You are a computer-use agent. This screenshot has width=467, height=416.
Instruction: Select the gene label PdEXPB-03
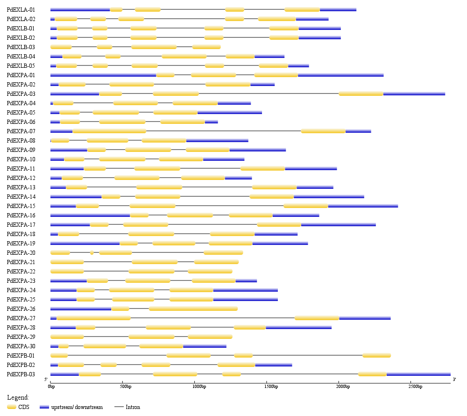tap(21, 374)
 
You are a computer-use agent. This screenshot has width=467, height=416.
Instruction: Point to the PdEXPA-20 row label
tap(21, 252)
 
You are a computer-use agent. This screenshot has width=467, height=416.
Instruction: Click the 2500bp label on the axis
tap(415, 387)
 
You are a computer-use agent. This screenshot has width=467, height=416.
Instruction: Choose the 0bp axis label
tap(51, 387)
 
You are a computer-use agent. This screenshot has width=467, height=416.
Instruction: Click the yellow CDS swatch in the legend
tap(12, 407)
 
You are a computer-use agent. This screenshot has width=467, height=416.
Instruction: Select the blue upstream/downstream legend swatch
tap(44, 407)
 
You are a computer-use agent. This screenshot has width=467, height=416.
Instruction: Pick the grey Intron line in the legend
tap(119, 407)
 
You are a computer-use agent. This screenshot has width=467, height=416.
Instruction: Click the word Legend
tap(18, 397)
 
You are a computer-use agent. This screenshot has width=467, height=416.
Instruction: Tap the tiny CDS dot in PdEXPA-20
tap(92, 252)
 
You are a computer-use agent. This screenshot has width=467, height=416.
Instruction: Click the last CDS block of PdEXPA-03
tap(361, 93)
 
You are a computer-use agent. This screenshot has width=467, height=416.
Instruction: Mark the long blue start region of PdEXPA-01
tap(103, 75)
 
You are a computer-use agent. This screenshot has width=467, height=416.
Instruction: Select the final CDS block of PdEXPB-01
tap(376, 355)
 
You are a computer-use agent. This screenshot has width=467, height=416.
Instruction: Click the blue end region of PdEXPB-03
tap(418, 374)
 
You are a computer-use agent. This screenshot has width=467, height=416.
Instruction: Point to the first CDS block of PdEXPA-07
tap(109, 131)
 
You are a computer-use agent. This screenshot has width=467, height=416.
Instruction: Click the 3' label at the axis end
tap(454, 379)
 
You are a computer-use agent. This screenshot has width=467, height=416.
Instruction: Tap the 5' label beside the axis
tap(46, 379)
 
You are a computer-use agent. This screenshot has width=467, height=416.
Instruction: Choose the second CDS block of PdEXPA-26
tap(193, 308)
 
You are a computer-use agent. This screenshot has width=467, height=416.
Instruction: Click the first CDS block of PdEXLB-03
tap(61, 47)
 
